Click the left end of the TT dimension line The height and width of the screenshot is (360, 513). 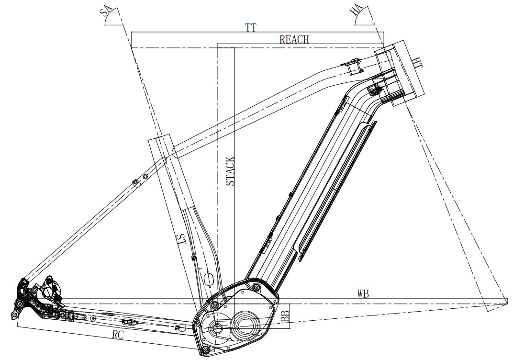[131, 32]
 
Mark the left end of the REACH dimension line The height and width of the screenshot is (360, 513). [218, 44]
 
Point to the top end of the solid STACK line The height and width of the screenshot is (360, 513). [234, 48]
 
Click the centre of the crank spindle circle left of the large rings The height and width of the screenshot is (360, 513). [216, 328]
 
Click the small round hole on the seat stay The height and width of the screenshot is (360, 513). [145, 176]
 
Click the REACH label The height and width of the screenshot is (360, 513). [294, 40]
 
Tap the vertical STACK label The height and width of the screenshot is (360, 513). [230, 171]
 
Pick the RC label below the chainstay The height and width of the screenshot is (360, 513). [117, 335]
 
